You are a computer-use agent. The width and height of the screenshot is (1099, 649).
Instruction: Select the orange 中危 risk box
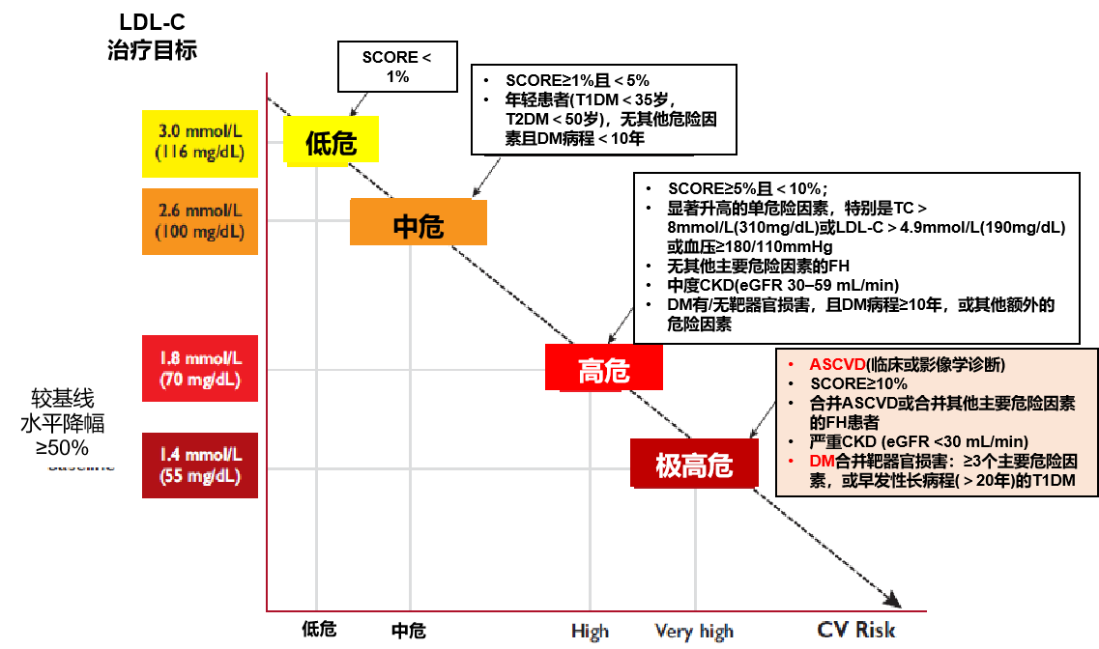coord(418,223)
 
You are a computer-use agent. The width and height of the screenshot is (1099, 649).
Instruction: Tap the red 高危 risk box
coord(604,368)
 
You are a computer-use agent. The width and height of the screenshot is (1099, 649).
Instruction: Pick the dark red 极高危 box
coord(693,464)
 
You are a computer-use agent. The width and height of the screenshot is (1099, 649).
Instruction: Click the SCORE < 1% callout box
coord(396,67)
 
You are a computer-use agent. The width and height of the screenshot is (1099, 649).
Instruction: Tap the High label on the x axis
coord(590,632)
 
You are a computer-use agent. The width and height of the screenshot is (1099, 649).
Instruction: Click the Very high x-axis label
coord(694,632)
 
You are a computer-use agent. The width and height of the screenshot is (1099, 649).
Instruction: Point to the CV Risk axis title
coord(856,630)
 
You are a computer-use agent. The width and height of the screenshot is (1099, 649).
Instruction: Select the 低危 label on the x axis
coord(319,630)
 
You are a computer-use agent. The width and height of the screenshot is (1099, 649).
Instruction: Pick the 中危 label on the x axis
coord(408,631)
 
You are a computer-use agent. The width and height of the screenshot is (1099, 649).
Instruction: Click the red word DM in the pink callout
coord(822,461)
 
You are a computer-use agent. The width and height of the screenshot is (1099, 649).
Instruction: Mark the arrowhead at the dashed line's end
coord(893,603)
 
